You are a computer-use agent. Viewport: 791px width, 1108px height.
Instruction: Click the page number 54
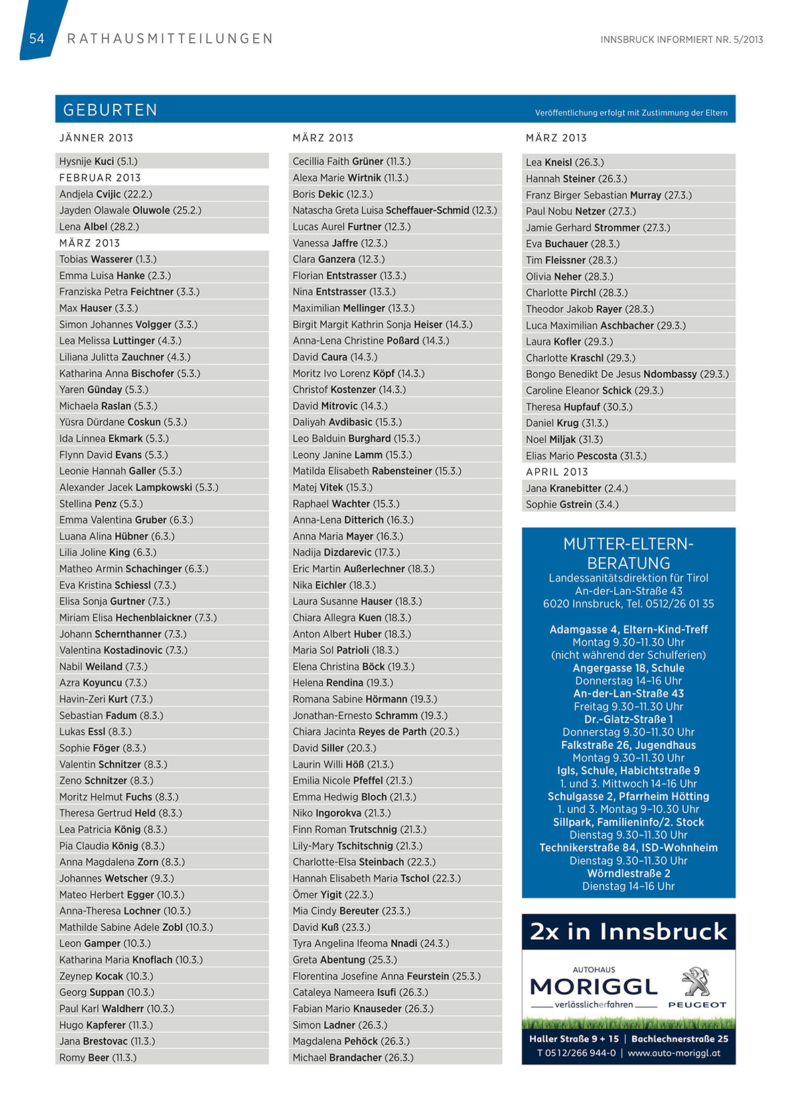[36, 39]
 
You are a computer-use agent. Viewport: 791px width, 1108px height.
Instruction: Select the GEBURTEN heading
[110, 110]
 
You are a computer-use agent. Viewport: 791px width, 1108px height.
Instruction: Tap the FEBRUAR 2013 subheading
[100, 178]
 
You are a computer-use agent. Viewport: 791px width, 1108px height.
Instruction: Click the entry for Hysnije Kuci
[98, 161]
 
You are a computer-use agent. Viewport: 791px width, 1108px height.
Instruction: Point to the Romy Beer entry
[98, 1058]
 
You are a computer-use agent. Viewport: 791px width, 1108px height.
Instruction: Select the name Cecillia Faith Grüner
[352, 161]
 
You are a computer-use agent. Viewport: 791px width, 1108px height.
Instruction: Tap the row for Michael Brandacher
[353, 1058]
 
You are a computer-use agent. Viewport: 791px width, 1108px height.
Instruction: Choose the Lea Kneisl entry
[565, 162]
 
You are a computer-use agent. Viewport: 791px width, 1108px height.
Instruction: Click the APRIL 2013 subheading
[557, 472]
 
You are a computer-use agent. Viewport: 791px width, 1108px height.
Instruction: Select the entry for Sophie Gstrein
[572, 504]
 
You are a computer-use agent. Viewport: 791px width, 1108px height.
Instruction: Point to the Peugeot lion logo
[697, 981]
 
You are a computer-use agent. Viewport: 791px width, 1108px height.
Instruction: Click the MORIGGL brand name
[593, 987]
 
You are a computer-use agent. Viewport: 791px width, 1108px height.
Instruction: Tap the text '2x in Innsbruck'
[628, 932]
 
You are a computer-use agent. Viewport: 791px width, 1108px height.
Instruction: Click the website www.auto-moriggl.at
[674, 1053]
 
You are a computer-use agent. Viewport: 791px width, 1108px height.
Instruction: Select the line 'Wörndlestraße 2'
[628, 874]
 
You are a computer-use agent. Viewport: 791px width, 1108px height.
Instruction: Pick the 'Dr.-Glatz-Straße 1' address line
[628, 719]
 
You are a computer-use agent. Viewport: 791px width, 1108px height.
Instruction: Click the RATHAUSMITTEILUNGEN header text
[170, 39]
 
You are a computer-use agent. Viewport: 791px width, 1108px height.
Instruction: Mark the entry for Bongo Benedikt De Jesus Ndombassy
[627, 374]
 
